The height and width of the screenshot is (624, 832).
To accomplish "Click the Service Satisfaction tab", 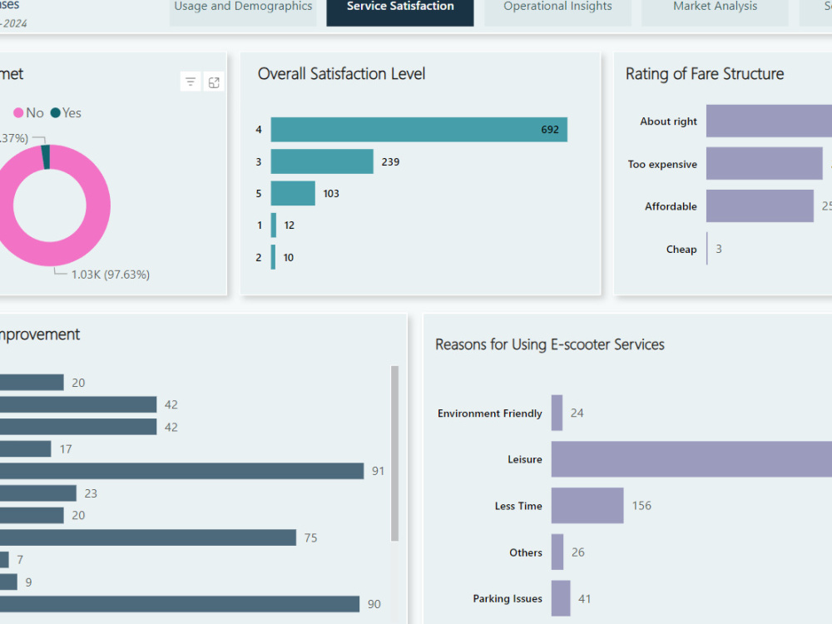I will click(400, 7).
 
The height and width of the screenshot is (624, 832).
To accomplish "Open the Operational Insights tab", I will click(557, 7).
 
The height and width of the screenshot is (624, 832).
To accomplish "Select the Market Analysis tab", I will click(715, 7).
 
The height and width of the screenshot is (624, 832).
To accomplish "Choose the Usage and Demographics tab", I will click(243, 7).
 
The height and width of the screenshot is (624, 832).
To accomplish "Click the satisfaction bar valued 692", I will click(418, 130).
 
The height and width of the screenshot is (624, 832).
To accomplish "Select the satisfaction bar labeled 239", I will click(322, 161).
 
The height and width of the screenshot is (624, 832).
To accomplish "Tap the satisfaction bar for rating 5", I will click(293, 193).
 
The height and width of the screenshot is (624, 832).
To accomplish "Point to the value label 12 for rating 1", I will click(289, 225).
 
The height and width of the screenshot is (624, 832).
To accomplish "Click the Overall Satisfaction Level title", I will click(341, 74).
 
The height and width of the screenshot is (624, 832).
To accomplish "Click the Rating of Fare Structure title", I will click(704, 74).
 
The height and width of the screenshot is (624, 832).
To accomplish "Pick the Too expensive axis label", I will click(662, 165).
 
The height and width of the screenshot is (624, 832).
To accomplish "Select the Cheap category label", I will click(681, 250).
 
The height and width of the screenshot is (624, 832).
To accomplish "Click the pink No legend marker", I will click(18, 113).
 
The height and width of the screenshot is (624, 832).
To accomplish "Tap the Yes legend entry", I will click(67, 113).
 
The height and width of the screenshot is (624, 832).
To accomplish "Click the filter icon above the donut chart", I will click(191, 82).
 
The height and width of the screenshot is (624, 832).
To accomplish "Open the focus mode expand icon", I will click(214, 82).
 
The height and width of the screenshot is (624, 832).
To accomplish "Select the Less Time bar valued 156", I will click(587, 506).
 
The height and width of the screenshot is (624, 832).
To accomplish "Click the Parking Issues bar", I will click(561, 598).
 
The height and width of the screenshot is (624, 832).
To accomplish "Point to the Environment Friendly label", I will click(489, 414).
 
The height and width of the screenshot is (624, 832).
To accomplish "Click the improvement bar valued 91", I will click(181, 471).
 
